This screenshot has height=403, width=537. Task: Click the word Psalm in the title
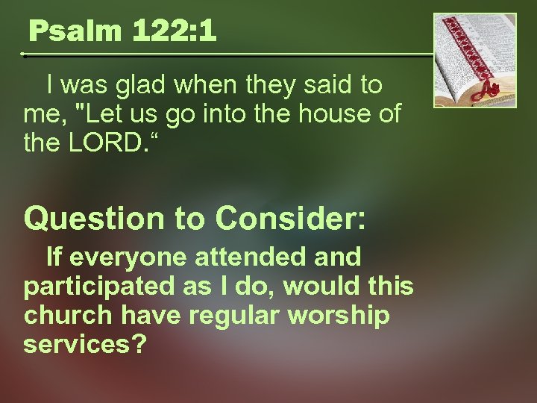pyautogui.click(x=67, y=31)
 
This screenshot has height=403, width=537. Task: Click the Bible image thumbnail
pyautogui.click(x=475, y=60)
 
